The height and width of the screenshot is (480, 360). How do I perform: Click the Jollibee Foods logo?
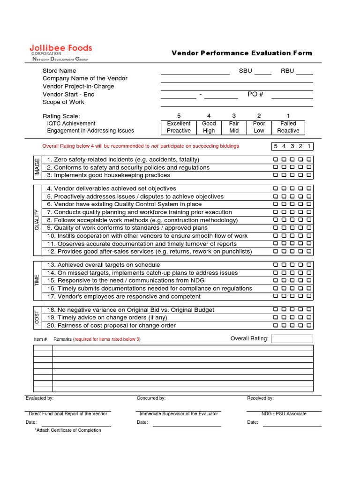[60, 52]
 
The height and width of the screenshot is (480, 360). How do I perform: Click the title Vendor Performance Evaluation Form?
[241, 53]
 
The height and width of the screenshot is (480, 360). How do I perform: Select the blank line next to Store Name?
[195, 71]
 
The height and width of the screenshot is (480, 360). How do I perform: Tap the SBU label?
[245, 71]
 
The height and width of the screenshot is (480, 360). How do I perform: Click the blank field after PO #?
[292, 95]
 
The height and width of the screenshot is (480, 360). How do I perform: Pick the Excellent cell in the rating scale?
[179, 124]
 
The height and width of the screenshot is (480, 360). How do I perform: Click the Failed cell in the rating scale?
[288, 124]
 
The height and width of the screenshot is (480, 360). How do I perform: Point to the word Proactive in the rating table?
[179, 131]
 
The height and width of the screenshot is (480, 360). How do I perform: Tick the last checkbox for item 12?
[309, 252]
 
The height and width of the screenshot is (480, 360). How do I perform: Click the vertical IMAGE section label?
[37, 167]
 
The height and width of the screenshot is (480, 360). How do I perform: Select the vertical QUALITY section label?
[37, 220]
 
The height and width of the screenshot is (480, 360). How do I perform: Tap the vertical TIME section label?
[37, 280]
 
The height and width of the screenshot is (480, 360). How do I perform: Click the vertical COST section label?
[37, 317]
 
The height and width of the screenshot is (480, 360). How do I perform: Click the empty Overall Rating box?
[292, 338]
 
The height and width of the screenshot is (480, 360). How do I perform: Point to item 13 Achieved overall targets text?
[104, 265]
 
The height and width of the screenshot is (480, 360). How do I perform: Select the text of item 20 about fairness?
[111, 325]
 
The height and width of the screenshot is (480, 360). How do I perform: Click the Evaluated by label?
[39, 398]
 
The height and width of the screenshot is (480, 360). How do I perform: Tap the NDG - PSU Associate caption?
[284, 414]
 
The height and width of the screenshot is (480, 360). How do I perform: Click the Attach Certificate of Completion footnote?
[68, 430]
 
